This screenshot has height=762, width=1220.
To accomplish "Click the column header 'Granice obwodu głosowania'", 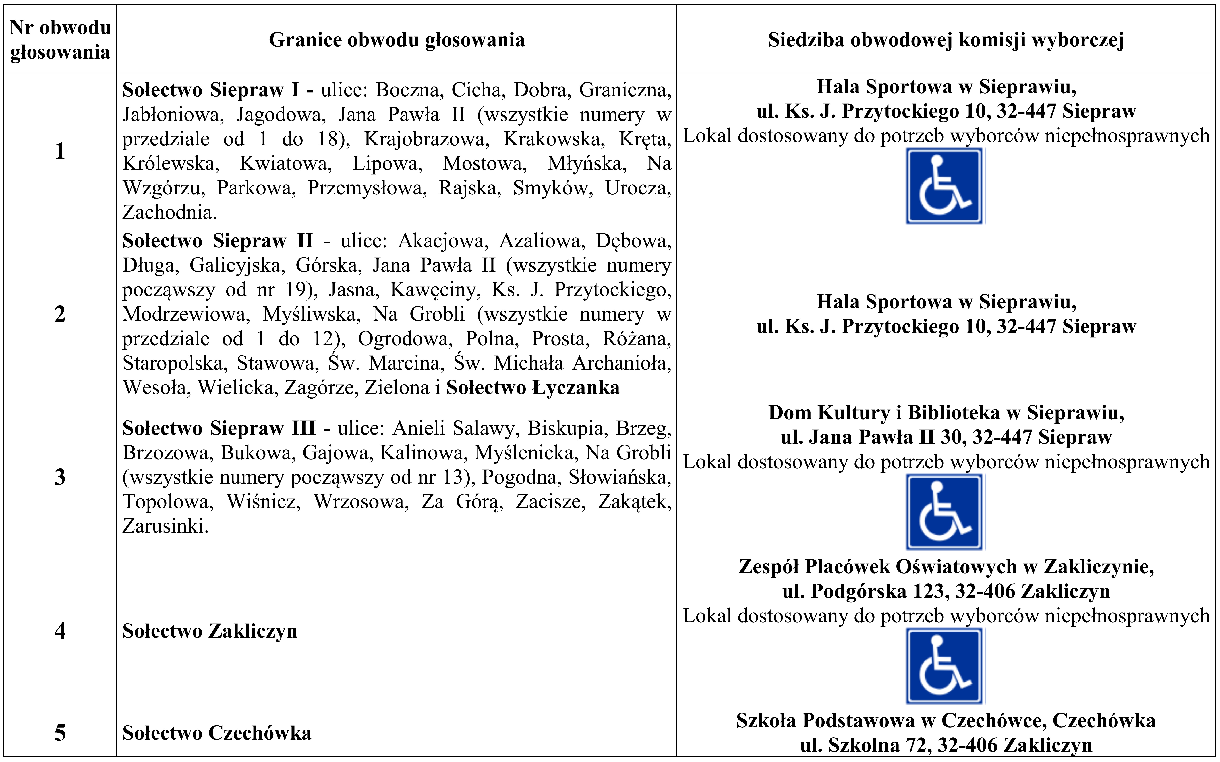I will coord(397,40).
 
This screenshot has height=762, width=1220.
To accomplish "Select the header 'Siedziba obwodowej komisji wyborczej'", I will coord(946,40).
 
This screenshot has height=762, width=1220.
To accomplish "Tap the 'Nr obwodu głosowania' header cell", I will coord(60,40).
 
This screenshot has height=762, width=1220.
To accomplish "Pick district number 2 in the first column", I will coord(60,313).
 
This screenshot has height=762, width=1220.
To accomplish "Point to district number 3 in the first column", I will coord(60,477).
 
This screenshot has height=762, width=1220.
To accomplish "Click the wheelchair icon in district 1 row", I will coord(944,186).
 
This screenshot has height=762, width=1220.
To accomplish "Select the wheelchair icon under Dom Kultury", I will coord(944,512).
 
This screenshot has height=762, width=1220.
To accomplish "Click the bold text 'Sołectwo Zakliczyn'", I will coord(210,631).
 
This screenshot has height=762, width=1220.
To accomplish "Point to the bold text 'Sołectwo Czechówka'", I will coord(217,733).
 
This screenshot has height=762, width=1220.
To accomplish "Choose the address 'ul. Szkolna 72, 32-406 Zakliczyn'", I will coord(946,745).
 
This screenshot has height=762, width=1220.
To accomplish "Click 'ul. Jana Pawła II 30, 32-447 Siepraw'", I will coord(946,437).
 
